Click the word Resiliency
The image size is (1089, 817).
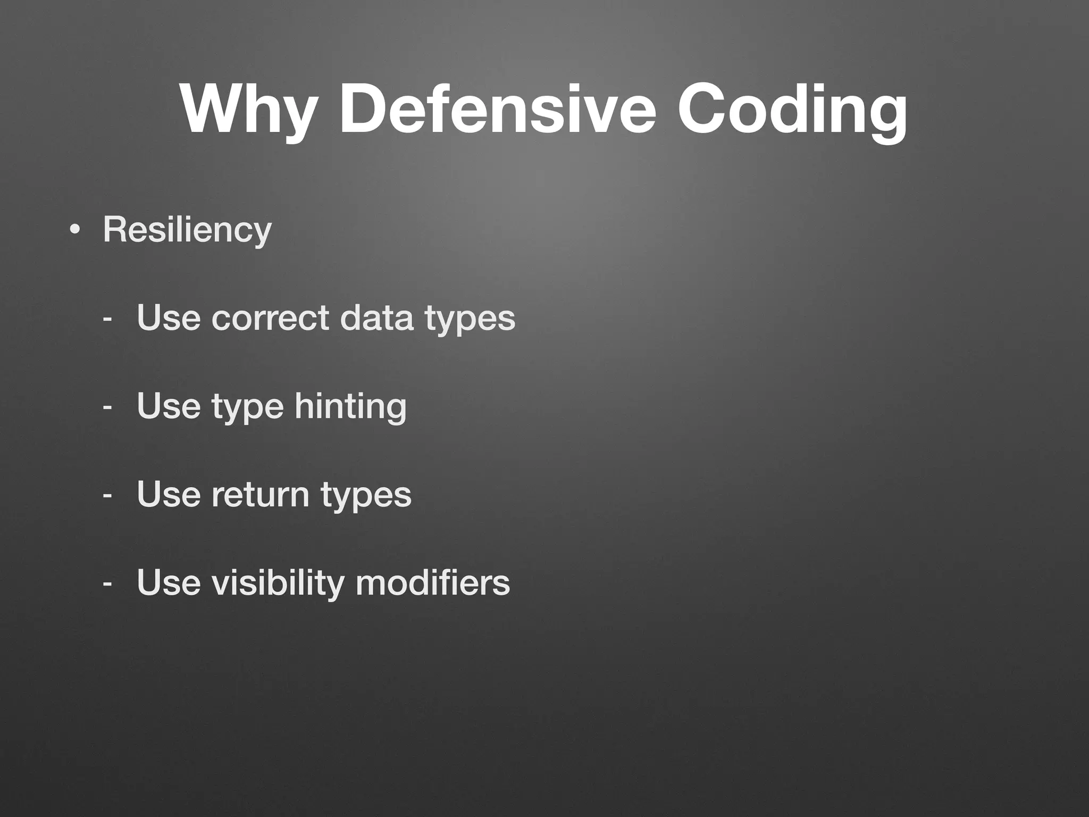point(187,230)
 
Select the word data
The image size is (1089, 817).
point(376,318)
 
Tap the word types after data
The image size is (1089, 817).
point(470,319)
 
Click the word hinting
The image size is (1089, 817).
point(351,407)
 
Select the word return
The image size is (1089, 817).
point(261,495)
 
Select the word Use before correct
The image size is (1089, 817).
point(169,318)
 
